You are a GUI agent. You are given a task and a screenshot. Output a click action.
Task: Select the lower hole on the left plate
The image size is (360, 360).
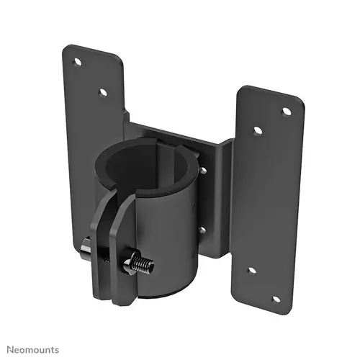click(x=103, y=92)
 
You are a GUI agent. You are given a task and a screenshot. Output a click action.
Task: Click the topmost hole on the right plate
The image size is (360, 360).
click(x=286, y=112)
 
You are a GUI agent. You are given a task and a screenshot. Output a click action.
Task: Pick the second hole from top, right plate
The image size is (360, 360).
click(x=257, y=131)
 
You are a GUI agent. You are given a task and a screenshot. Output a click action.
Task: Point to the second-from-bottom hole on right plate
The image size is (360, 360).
click(x=251, y=270)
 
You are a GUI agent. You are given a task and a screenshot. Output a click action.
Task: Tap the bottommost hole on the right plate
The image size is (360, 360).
click(x=275, y=299)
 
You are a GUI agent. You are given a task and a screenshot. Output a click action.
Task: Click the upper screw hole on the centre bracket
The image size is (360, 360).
click(x=204, y=171)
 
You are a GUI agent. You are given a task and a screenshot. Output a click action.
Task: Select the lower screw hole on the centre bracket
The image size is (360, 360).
click(x=202, y=230)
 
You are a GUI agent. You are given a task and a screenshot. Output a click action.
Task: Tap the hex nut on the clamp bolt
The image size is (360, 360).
click(x=132, y=261)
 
